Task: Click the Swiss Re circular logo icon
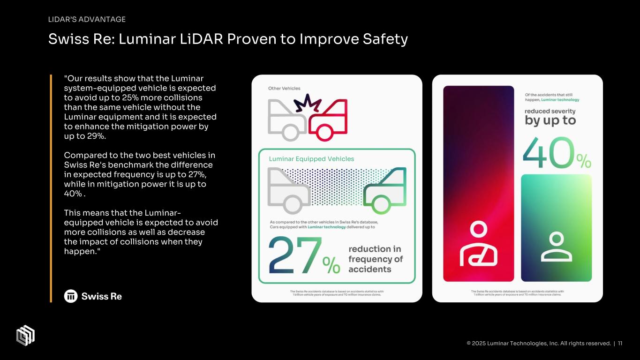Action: click(x=71, y=296)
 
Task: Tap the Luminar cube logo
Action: click(x=25, y=335)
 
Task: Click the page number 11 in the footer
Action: click(x=620, y=343)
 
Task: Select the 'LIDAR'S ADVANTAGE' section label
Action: click(x=87, y=19)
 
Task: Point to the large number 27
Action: click(x=295, y=255)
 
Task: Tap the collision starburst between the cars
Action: click(x=306, y=104)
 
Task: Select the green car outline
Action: click(x=384, y=191)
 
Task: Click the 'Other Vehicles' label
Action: click(x=284, y=88)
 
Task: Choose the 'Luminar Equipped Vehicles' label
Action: click(x=311, y=159)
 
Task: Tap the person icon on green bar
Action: click(x=556, y=247)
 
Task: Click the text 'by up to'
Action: click(x=550, y=120)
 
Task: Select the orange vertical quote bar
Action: click(x=51, y=188)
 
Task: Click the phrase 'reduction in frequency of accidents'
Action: click(x=375, y=259)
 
